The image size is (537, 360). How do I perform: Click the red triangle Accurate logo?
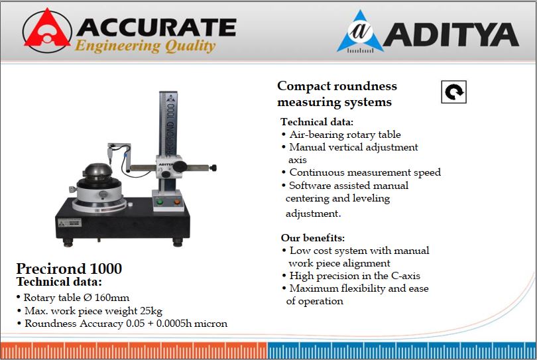click(47, 30)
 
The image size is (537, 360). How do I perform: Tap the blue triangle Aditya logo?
click(360, 32)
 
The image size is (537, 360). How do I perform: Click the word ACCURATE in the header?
click(156, 27)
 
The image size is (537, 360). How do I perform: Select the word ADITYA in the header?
click(451, 34)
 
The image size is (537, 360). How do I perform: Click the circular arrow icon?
click(453, 91)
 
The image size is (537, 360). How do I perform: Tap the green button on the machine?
click(160, 202)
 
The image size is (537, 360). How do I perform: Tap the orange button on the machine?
click(177, 202)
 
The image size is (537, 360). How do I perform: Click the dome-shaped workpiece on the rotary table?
click(98, 171)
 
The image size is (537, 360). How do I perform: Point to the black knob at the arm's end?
click(213, 168)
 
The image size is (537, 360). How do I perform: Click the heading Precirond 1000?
click(69, 269)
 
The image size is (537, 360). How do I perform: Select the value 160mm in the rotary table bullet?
click(111, 297)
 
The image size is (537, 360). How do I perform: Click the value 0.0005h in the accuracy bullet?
click(174, 324)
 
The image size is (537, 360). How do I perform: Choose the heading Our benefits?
click(313, 238)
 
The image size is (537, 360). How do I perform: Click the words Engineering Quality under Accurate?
click(145, 46)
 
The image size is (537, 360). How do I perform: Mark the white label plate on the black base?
click(70, 223)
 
